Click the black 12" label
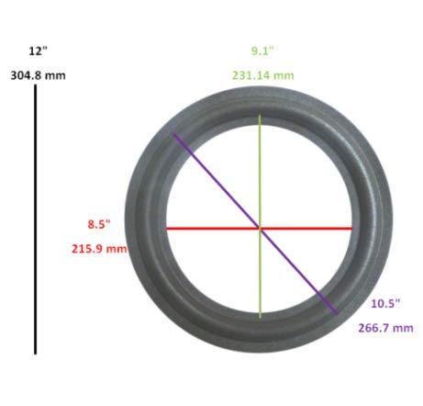[x=39, y=51]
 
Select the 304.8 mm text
[x=39, y=75]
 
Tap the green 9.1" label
[x=262, y=51]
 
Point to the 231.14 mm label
[x=263, y=75]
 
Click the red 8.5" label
[x=99, y=224]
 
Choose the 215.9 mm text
[x=99, y=249]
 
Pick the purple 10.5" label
[x=385, y=304]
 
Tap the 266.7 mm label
[x=385, y=328]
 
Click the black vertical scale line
[x=36, y=220]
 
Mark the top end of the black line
[x=36, y=85]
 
